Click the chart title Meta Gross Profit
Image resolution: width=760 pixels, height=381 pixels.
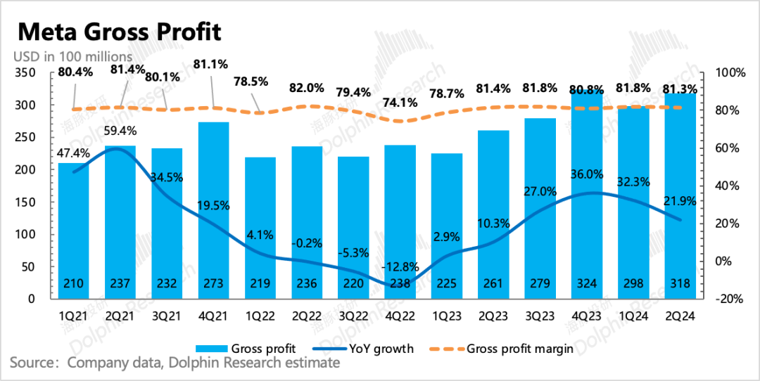click(119, 32)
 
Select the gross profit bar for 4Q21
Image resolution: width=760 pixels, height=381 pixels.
click(213, 211)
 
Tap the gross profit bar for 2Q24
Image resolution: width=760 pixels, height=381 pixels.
click(680, 197)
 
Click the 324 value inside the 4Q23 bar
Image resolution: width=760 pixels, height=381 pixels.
click(587, 284)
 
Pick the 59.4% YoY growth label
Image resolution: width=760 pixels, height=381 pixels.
click(120, 130)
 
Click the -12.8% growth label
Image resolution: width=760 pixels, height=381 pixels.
click(400, 267)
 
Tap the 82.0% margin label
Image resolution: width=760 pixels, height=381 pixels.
click(307, 89)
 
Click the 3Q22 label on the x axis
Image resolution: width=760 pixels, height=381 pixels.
click(353, 316)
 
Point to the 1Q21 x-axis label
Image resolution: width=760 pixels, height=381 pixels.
click(74, 316)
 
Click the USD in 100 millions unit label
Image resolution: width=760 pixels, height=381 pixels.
click(73, 56)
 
